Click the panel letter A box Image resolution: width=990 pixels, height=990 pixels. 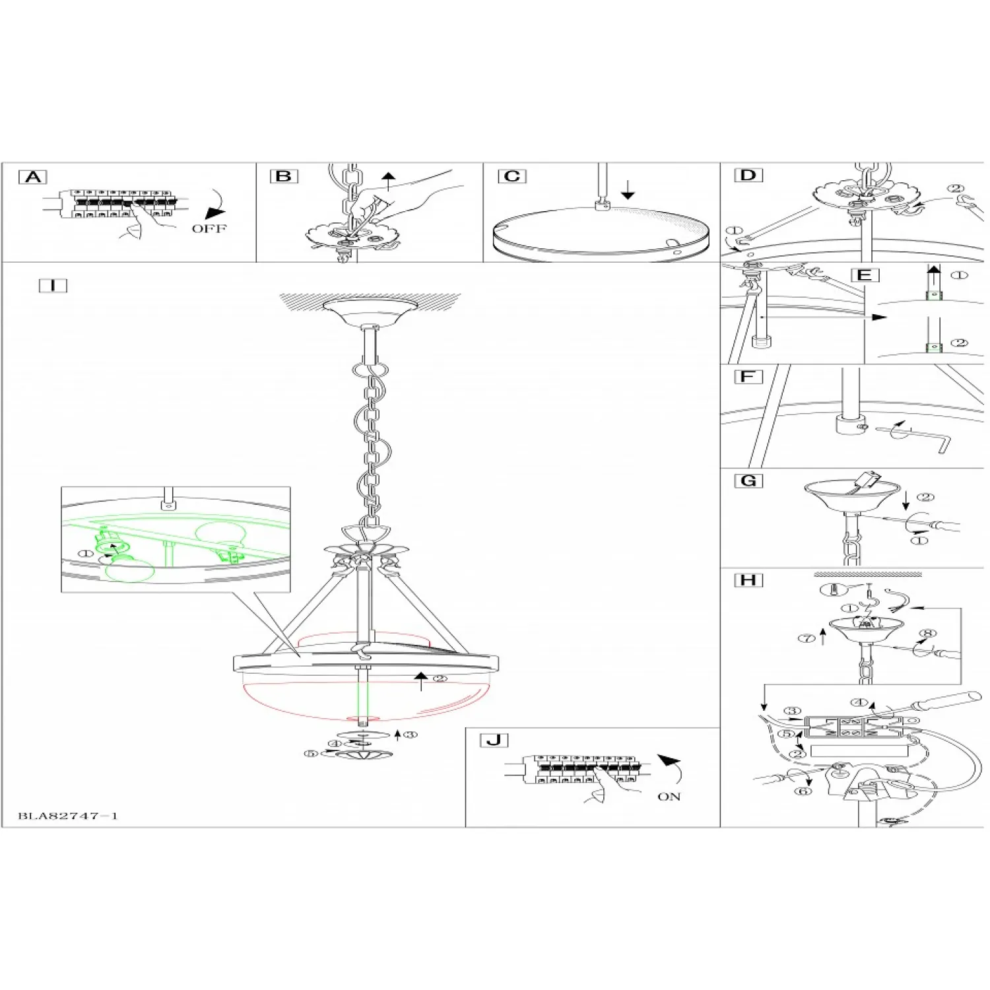tap(33, 177)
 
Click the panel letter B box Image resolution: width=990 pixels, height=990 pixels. tap(284, 176)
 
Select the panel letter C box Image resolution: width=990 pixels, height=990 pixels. tap(512, 176)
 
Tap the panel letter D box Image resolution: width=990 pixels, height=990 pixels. tap(748, 175)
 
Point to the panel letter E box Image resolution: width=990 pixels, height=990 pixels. tap(865, 275)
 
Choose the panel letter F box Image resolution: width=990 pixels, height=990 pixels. tap(748, 377)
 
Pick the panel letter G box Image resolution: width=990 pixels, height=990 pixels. tap(748, 480)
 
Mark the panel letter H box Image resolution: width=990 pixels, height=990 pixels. tap(748, 580)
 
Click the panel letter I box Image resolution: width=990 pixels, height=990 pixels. tap(53, 285)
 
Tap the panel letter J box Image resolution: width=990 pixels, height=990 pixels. tap(494, 740)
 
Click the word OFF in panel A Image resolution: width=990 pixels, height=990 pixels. tap(209, 228)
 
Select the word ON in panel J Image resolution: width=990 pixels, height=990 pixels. tap(669, 797)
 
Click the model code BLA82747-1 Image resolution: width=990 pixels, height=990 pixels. tap(68, 816)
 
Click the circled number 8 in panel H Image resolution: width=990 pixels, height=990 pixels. tap(928, 634)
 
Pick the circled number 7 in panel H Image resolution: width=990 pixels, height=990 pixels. tap(807, 638)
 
